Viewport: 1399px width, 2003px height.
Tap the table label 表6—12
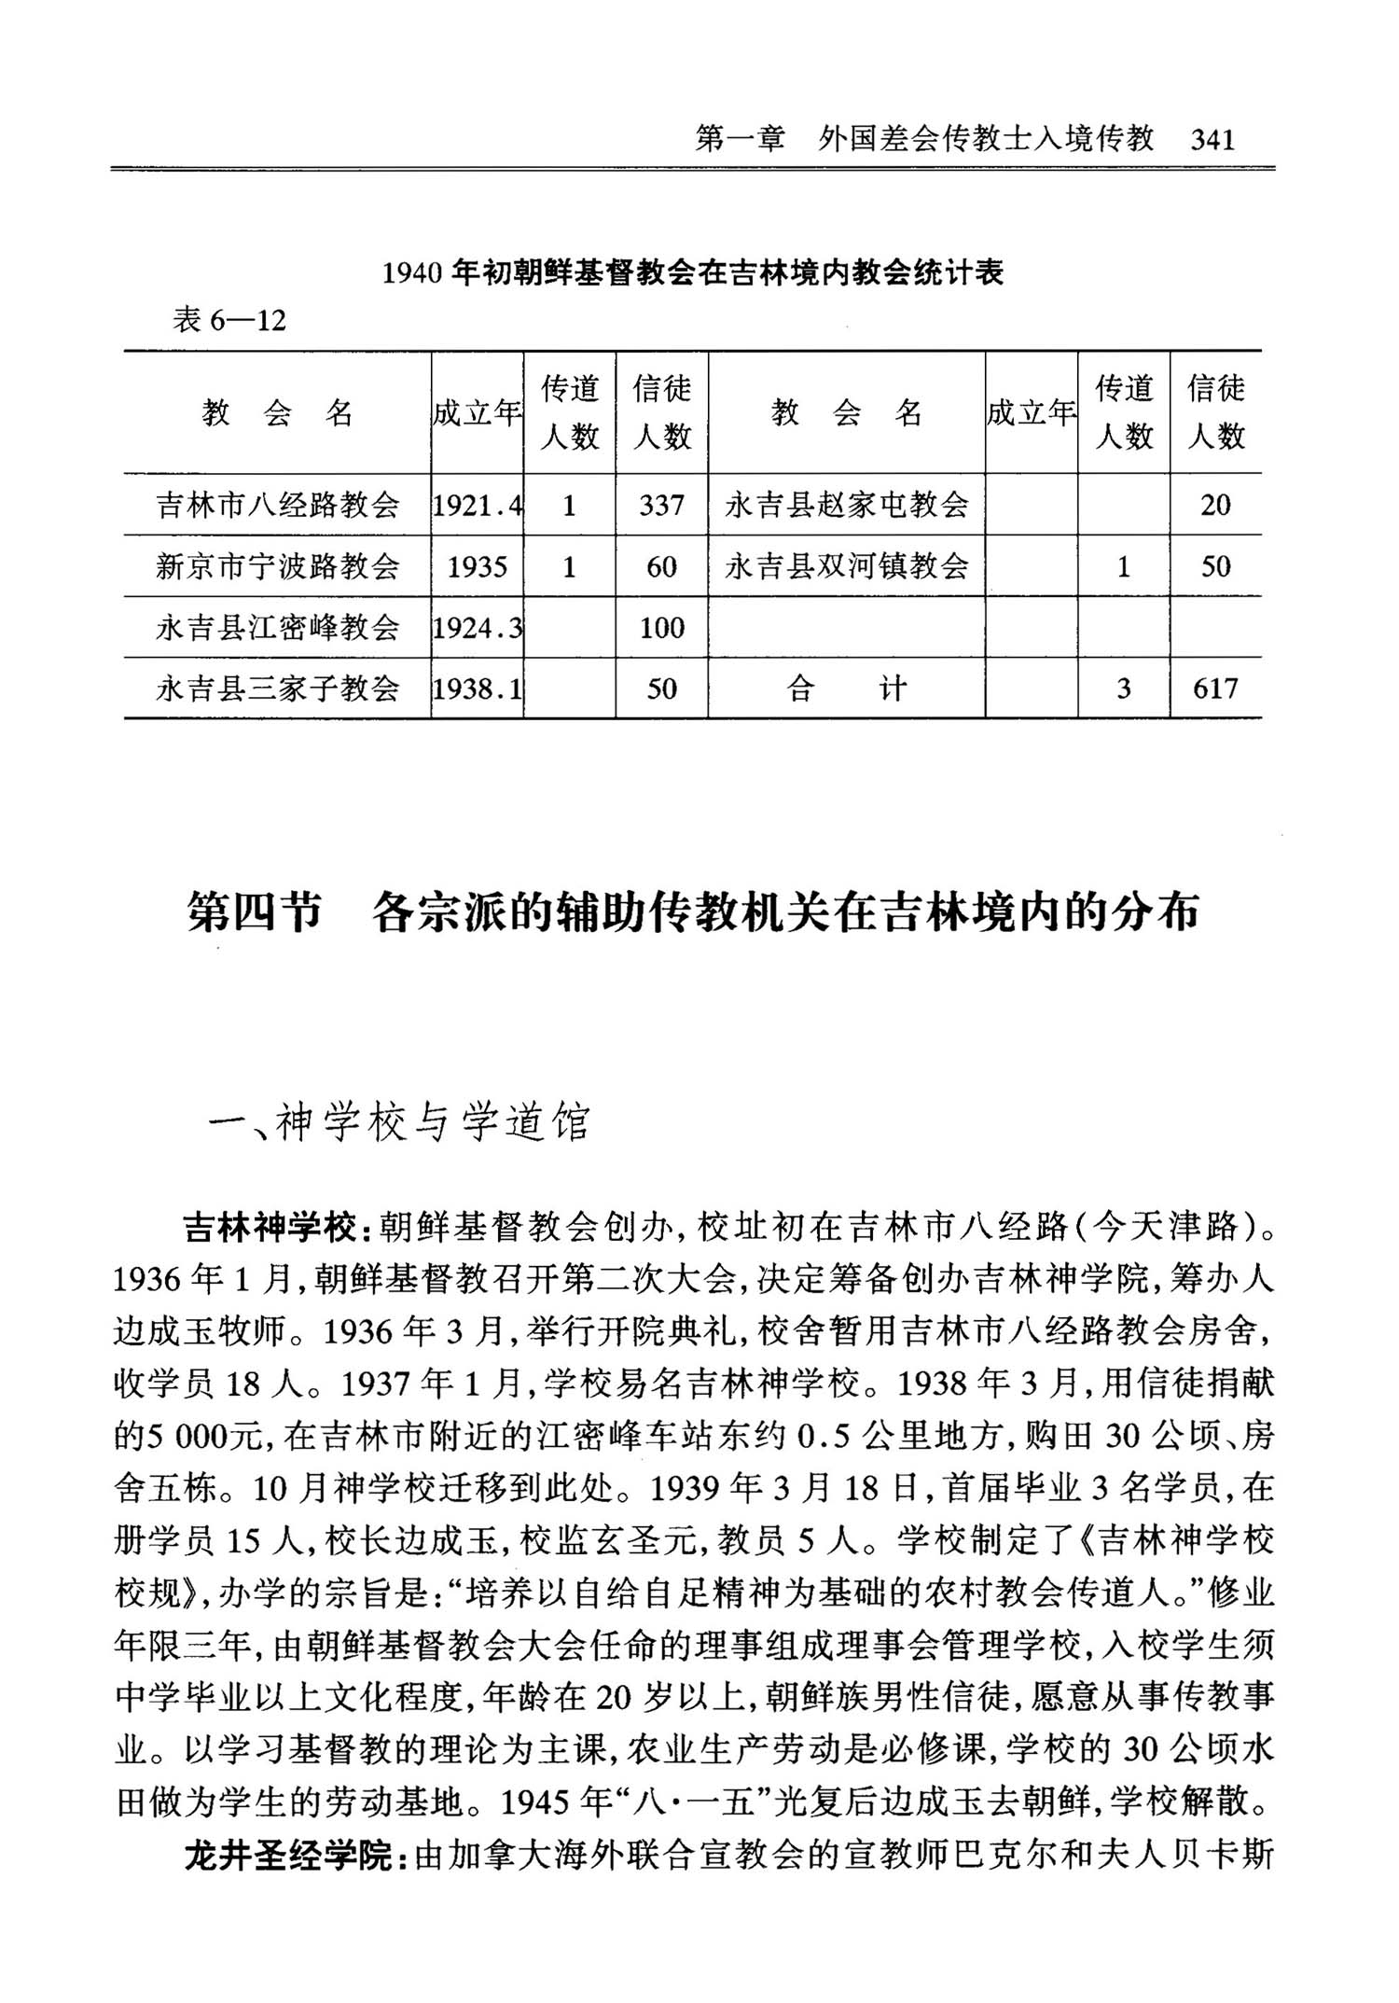click(x=229, y=321)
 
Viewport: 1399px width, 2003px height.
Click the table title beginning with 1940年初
click(x=693, y=272)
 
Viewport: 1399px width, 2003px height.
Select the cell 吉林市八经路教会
click(x=277, y=505)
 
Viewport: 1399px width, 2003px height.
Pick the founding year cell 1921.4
click(x=477, y=505)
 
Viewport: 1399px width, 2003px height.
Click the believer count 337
click(x=661, y=505)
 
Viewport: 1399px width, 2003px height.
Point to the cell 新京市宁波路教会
click(x=277, y=566)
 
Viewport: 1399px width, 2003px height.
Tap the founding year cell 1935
click(x=477, y=566)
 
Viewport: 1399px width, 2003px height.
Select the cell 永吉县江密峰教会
click(x=277, y=627)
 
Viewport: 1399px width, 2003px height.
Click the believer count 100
click(x=661, y=627)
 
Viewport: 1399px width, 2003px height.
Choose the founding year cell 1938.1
click(x=477, y=689)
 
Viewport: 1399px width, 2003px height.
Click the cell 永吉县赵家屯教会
click(x=846, y=505)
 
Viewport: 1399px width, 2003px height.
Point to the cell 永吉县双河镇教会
click(x=846, y=566)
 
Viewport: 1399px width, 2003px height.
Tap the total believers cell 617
click(x=1215, y=689)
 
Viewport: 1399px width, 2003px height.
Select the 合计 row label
click(x=846, y=689)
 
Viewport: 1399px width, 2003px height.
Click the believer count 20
click(x=1215, y=505)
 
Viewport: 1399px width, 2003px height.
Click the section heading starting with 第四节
click(x=692, y=911)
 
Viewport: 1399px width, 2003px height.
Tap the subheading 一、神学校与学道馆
click(x=399, y=1123)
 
